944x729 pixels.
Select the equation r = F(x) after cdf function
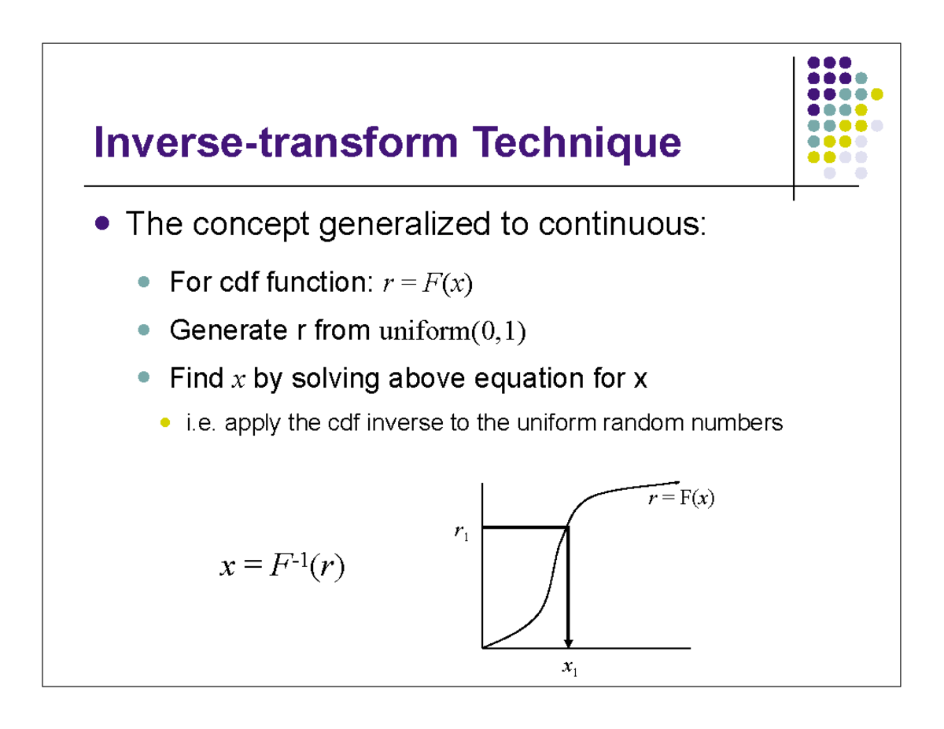426,284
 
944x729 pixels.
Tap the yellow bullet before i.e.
165,424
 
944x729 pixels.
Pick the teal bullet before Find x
143,379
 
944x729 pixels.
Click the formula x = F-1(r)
282,567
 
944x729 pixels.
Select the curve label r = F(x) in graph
681,498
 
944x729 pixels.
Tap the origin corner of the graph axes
481,648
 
